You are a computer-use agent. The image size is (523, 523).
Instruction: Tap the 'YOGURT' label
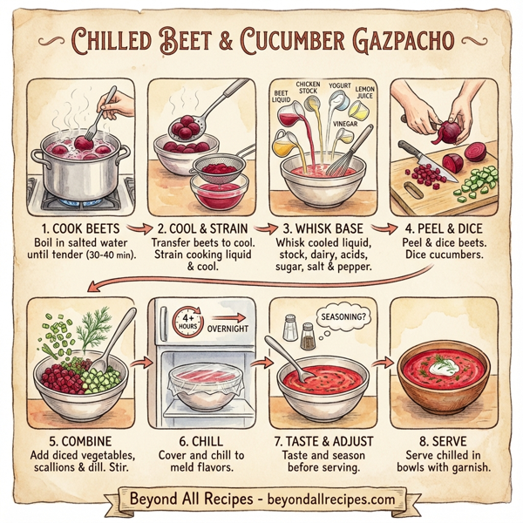[339, 86]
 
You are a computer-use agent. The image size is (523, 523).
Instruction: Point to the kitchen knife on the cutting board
[418, 159]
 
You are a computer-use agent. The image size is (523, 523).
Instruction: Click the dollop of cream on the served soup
[450, 364]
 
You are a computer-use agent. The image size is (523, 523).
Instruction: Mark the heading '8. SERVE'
[445, 443]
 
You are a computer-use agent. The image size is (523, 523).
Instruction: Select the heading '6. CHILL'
[201, 443]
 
